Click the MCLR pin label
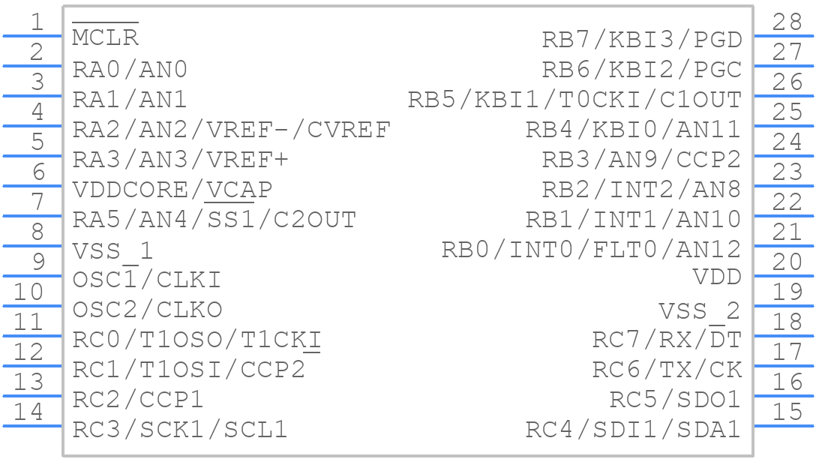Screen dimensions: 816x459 (105, 37)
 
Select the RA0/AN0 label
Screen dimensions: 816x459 (130, 70)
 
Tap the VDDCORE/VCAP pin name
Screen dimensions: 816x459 (172, 190)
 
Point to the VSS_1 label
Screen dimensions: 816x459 (113, 251)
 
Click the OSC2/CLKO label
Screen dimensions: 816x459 (147, 310)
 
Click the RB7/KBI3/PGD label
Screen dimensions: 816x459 (642, 40)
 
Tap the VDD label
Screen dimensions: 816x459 (717, 277)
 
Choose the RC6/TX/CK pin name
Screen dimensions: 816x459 (667, 370)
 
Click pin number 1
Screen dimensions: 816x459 (37, 22)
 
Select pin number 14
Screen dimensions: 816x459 (28, 412)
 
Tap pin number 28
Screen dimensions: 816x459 (787, 22)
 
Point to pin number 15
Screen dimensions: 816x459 (787, 412)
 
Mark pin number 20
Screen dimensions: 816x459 (787, 262)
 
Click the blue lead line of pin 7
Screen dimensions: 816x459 (32, 216)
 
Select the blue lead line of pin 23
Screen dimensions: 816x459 (784, 186)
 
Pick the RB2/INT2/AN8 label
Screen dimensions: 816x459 (642, 190)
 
